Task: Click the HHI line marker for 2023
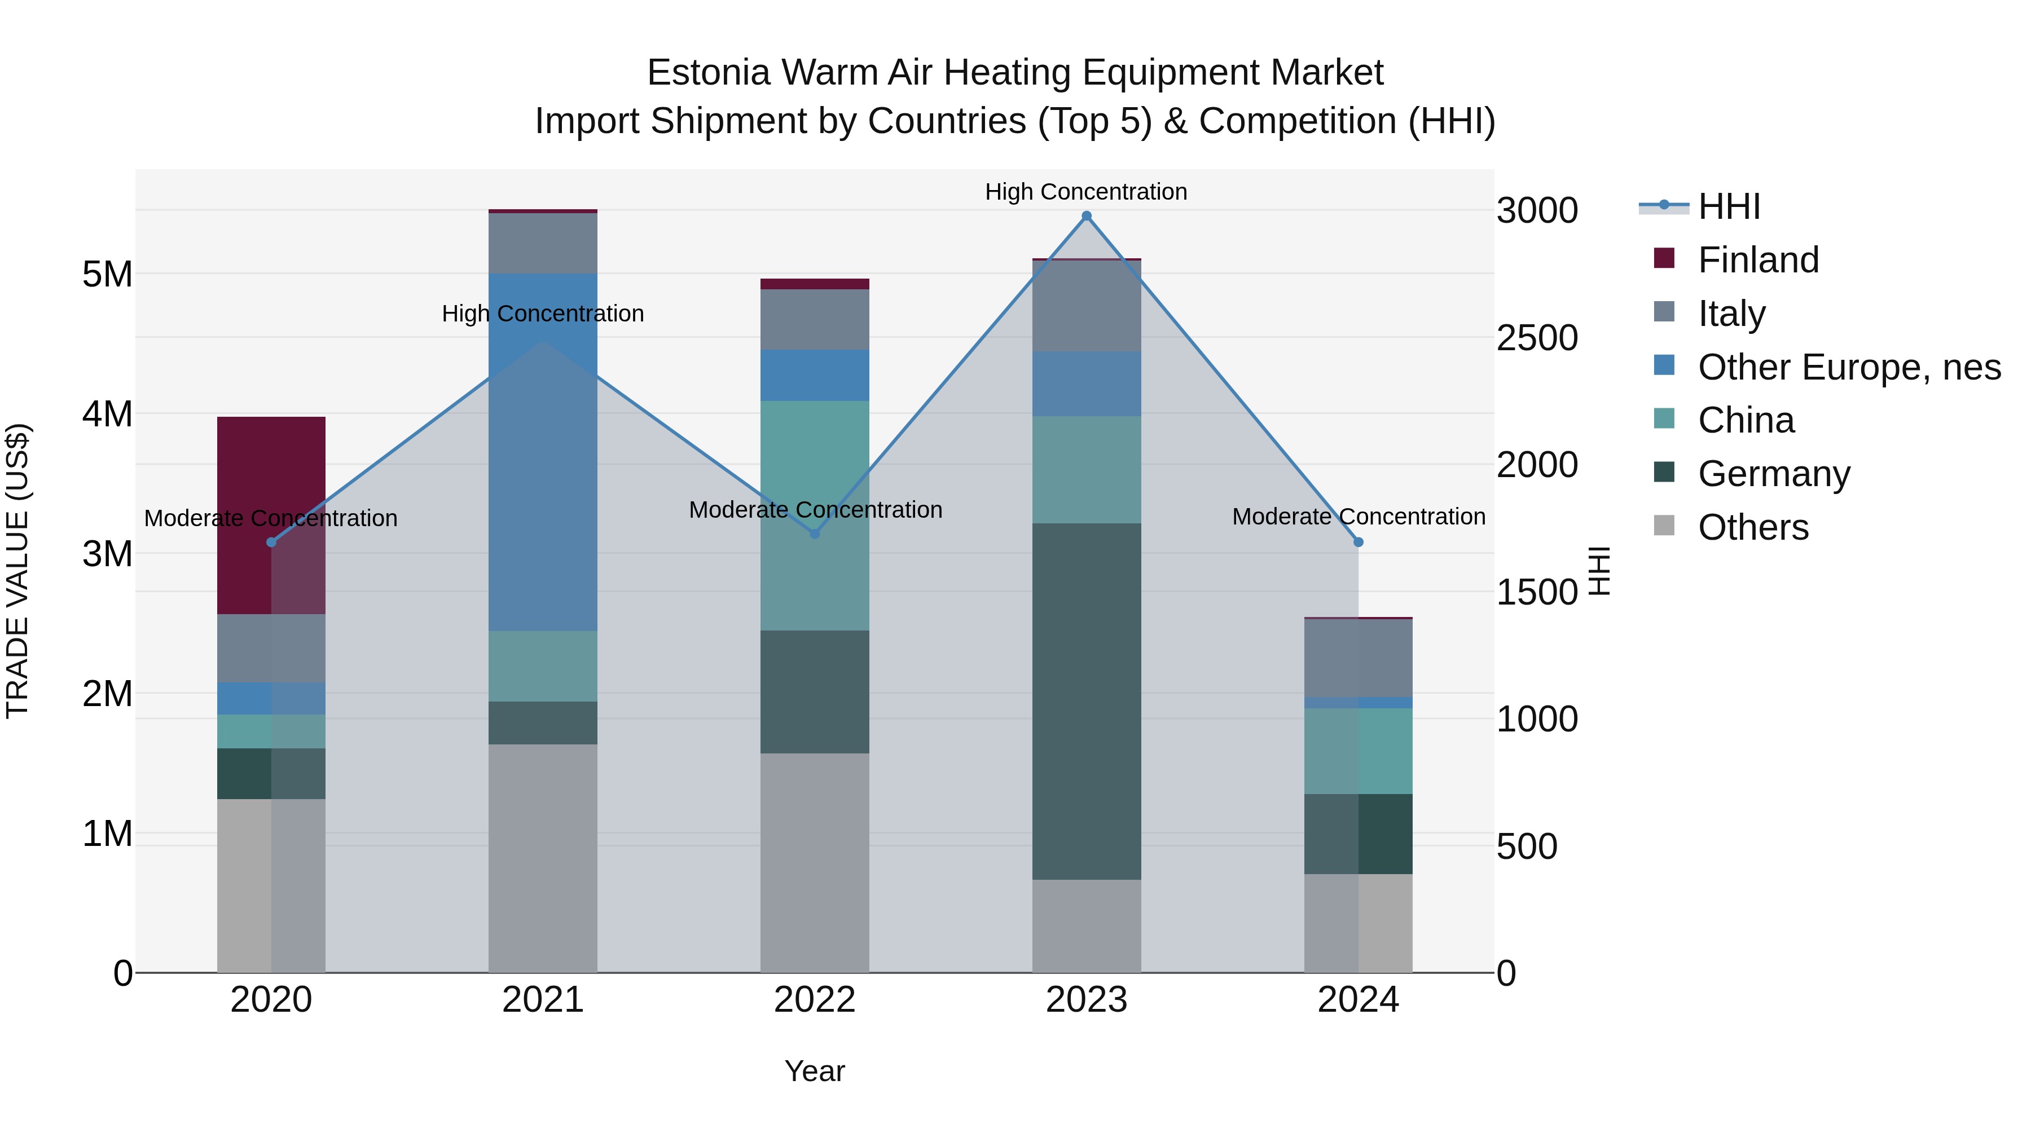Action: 1087,216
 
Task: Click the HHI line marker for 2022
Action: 815,533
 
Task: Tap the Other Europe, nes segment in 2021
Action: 543,452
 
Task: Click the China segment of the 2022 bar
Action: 815,515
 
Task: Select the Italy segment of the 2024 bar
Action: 1358,658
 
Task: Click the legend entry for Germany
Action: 1773,474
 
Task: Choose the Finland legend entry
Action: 1757,260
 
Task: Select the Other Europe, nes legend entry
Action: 1848,367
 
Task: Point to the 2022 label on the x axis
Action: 815,1000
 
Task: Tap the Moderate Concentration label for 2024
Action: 1358,517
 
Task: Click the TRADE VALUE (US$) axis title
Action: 17,571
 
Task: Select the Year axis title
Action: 815,1071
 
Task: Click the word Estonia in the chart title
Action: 708,73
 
